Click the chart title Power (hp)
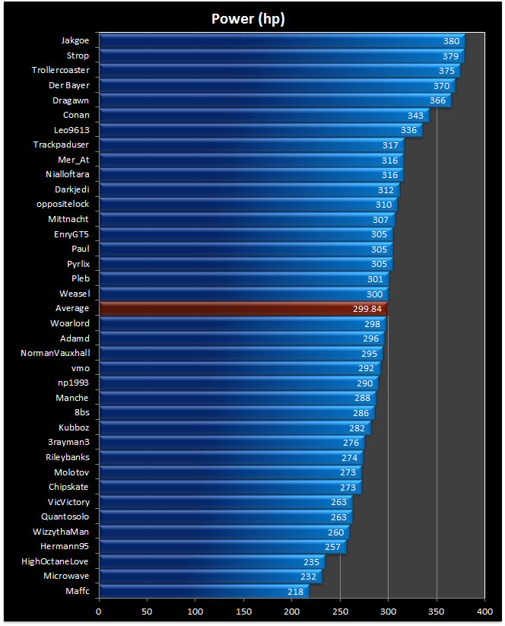(248, 18)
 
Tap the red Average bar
(243, 309)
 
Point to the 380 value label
(451, 41)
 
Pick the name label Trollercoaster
(61, 71)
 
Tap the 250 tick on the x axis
(340, 610)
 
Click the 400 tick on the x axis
(484, 610)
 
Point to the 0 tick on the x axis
(99, 610)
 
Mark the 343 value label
(415, 116)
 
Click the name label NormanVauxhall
(55, 353)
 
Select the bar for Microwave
(210, 577)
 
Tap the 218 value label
(294, 591)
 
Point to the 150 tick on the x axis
(243, 610)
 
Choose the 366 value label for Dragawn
(437, 100)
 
